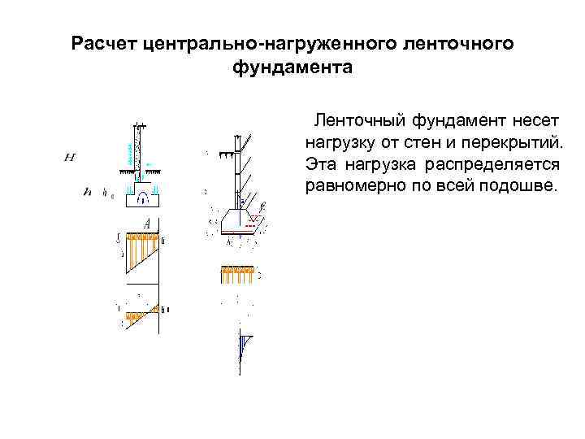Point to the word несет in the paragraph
[x=536, y=121]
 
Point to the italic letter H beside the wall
[x=70, y=157]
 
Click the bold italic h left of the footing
[x=87, y=193]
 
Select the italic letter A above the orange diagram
[x=147, y=224]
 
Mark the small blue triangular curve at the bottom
[x=243, y=345]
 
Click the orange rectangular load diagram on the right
[x=236, y=275]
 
